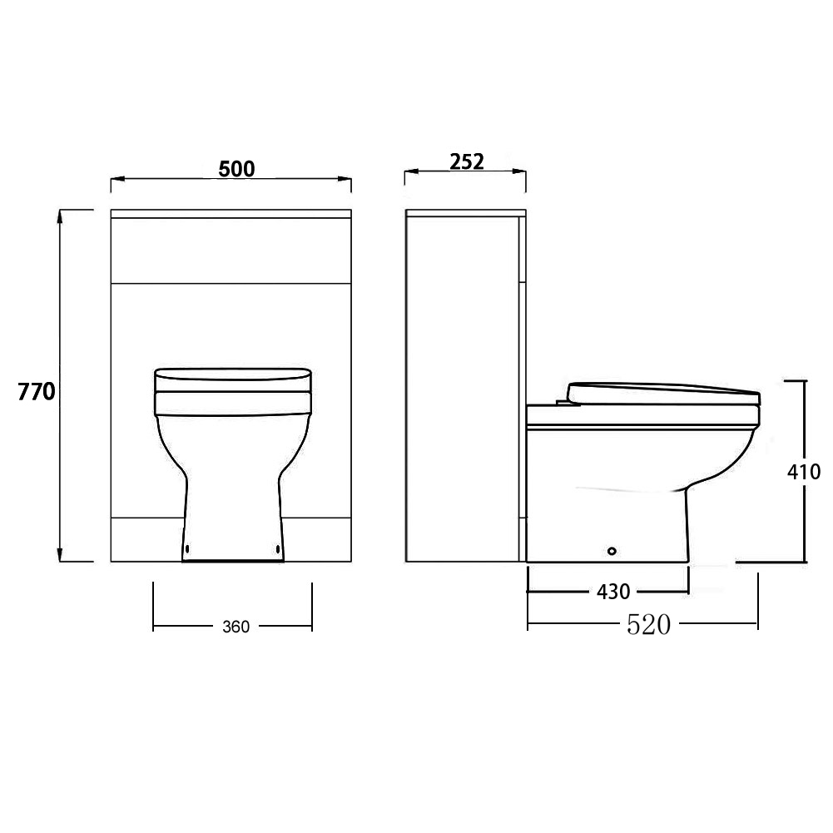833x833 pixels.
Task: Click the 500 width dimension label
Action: click(236, 169)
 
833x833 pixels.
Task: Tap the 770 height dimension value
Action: click(36, 391)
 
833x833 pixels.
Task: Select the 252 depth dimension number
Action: click(467, 162)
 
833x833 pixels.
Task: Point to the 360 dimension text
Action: click(236, 627)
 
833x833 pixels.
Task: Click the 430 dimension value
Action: click(613, 592)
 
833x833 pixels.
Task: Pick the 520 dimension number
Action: click(648, 625)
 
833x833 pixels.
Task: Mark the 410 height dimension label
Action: click(804, 472)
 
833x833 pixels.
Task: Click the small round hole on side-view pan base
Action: click(612, 552)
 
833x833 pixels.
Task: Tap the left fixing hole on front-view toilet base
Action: click(187, 548)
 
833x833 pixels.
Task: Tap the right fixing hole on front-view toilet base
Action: click(278, 548)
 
